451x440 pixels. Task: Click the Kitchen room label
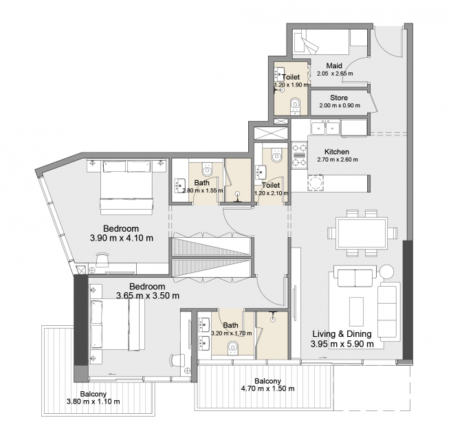(337, 151)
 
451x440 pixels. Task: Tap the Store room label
(339, 98)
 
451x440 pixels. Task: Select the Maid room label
(334, 65)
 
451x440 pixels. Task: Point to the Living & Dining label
(342, 334)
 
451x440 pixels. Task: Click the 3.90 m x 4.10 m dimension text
(122, 238)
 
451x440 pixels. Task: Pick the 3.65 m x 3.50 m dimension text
(148, 296)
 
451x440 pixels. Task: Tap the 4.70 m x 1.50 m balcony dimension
(267, 389)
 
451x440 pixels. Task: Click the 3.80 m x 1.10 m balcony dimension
(93, 401)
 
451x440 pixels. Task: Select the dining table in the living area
(362, 234)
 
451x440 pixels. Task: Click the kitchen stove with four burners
(299, 155)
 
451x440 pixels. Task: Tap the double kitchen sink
(325, 128)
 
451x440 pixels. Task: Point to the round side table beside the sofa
(386, 272)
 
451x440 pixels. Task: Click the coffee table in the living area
(356, 311)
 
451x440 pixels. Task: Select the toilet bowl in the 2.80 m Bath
(207, 169)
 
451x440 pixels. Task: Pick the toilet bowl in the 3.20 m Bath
(233, 348)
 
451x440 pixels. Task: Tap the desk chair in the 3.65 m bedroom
(177, 361)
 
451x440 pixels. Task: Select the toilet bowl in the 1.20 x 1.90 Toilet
(295, 104)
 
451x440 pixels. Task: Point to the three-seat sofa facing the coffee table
(388, 311)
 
